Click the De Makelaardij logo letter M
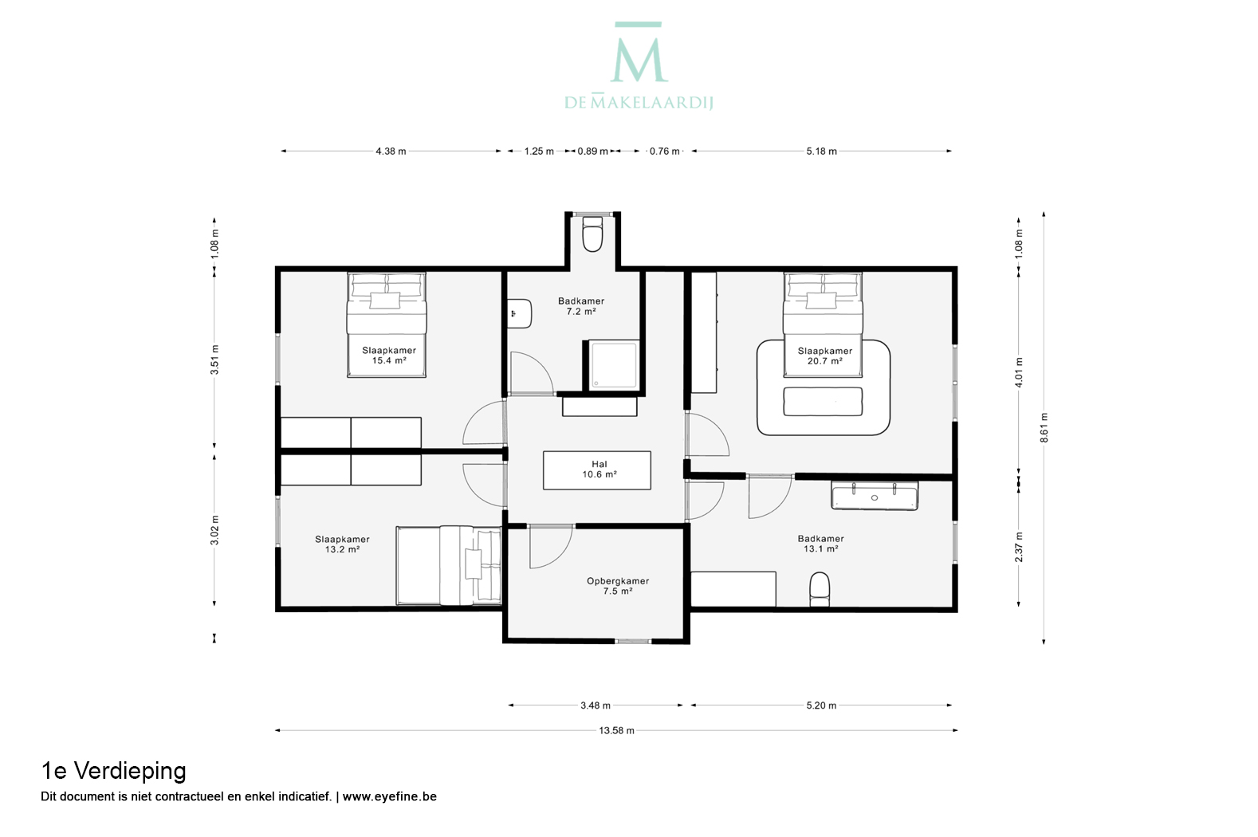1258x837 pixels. point(639,58)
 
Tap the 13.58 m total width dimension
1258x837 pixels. point(616,730)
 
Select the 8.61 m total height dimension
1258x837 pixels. point(1044,428)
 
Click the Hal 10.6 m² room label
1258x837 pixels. point(600,469)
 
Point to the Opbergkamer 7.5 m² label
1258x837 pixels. point(618,586)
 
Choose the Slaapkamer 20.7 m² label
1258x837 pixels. point(825,356)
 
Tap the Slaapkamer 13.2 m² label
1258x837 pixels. point(342,544)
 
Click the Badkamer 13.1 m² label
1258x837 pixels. point(820,544)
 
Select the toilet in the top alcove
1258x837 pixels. point(592,234)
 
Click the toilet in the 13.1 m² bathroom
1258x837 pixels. point(820,589)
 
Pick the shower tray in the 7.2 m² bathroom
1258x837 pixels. point(613,364)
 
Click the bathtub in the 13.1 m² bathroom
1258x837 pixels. point(875,497)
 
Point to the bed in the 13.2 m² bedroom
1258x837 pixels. point(449,566)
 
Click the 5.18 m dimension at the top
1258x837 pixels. point(821,151)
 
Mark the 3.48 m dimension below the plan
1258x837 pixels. point(596,705)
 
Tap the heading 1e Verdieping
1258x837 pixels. point(113,771)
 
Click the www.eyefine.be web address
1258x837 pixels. point(390,796)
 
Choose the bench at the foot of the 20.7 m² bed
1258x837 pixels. point(823,402)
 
